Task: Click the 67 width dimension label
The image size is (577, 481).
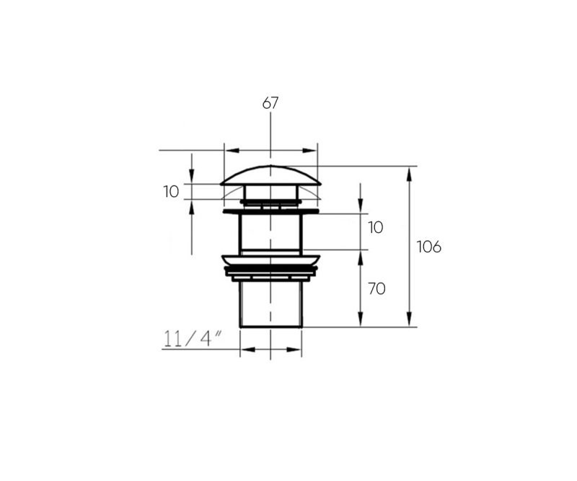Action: (x=270, y=102)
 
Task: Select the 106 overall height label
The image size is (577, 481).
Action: (x=428, y=247)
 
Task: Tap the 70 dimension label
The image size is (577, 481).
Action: (x=376, y=289)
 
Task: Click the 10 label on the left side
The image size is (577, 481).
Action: (x=171, y=192)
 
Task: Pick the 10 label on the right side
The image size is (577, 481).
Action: (x=376, y=227)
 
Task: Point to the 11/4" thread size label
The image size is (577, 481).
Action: (x=193, y=339)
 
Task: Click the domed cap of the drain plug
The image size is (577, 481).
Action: (x=270, y=175)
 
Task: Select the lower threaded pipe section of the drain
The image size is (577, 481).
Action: (x=270, y=304)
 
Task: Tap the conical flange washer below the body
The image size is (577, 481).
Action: (x=270, y=260)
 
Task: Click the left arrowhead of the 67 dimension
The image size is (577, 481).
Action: (x=232, y=151)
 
